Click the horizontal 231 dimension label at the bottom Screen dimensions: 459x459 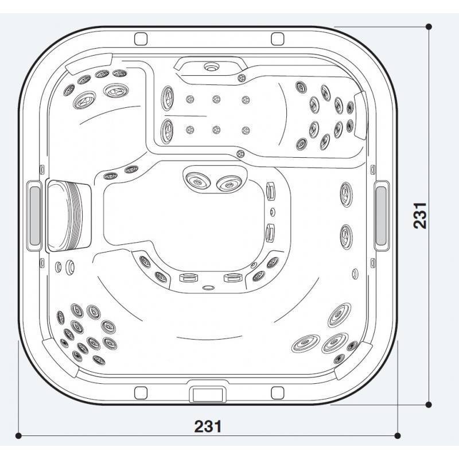(208, 426)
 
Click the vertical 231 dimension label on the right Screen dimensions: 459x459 (420, 216)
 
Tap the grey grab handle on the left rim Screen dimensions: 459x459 (34, 216)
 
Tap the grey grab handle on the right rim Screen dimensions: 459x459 (381, 216)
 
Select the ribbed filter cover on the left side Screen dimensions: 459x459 (69, 216)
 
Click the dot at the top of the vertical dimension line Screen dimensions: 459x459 (429, 26)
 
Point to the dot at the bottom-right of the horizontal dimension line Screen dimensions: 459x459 (398, 436)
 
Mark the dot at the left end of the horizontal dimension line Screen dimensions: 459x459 (18, 436)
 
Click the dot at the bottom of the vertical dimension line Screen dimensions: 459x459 (429, 405)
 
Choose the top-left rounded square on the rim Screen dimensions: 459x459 (141, 39)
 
